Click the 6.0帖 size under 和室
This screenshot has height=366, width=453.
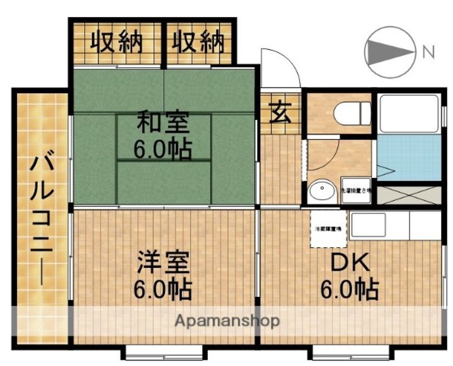pyautogui.click(x=162, y=149)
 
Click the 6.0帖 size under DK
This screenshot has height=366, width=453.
pyautogui.click(x=347, y=289)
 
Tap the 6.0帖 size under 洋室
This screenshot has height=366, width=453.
pyautogui.click(x=162, y=289)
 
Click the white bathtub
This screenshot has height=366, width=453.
pyautogui.click(x=410, y=113)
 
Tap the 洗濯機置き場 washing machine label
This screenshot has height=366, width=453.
pyautogui.click(x=357, y=190)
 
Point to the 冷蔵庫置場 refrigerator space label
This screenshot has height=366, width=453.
pyautogui.click(x=328, y=228)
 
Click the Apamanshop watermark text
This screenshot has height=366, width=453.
pyautogui.click(x=227, y=320)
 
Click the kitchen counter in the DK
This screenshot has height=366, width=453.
pyautogui.click(x=396, y=226)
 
